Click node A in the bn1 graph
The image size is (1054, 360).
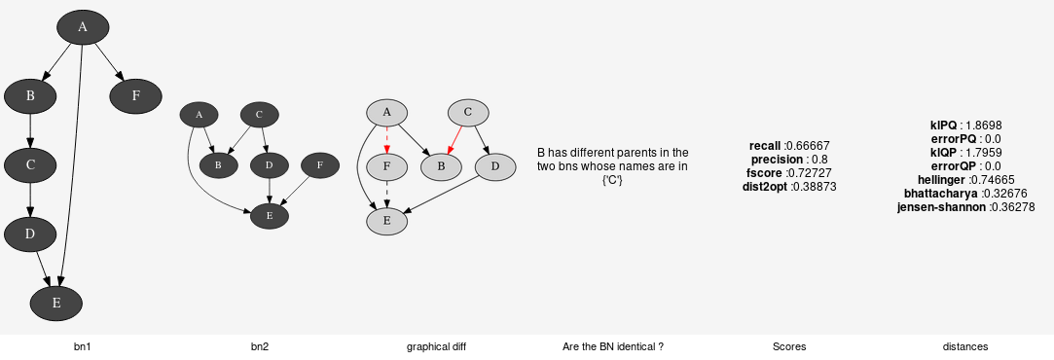click(x=82, y=27)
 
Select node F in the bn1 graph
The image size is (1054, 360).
click(x=135, y=95)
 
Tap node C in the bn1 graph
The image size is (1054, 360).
click(x=30, y=164)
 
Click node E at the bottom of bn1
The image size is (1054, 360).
click(x=55, y=303)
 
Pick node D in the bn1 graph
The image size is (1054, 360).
click(x=30, y=234)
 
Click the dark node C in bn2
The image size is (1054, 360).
click(x=259, y=115)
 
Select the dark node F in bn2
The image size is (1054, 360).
click(x=319, y=165)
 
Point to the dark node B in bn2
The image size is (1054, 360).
click(x=218, y=165)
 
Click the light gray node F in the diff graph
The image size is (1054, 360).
click(x=386, y=166)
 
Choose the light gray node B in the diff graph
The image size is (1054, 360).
click(x=441, y=166)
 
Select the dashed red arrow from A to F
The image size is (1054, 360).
click(x=386, y=139)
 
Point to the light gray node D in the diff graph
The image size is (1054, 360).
click(x=494, y=166)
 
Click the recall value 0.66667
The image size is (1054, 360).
click(x=807, y=146)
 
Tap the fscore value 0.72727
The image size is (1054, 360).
click(x=807, y=173)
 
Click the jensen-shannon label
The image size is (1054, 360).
click(x=941, y=207)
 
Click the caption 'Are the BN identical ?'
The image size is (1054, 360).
click(x=613, y=346)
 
